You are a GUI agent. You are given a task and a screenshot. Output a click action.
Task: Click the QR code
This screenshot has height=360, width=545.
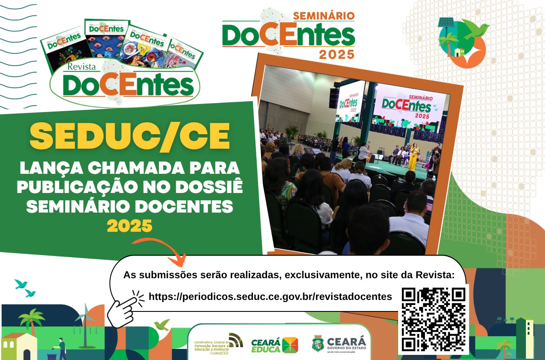point(433,319)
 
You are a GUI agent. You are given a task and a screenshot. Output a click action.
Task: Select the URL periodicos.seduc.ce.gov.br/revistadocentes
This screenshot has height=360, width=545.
point(270,297)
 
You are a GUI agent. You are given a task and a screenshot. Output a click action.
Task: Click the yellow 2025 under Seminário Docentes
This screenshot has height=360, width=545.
point(129,226)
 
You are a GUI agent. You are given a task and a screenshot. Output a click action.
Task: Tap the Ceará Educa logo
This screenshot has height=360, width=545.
point(274,345)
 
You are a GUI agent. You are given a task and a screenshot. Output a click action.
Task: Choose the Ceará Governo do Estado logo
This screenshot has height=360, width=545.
point(339,344)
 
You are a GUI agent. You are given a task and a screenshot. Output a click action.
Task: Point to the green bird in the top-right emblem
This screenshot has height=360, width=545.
point(476,29)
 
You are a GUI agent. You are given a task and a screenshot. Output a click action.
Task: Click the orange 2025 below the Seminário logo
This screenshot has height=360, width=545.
point(336,54)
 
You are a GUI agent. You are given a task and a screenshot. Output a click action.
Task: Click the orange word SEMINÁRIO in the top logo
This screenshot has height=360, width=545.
point(324,16)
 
